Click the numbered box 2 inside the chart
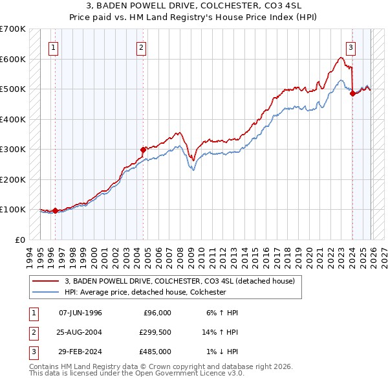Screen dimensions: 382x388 (142, 47)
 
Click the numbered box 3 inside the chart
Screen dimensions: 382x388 (350, 47)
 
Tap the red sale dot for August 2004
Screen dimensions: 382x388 (143, 150)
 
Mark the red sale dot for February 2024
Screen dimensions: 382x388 (352, 94)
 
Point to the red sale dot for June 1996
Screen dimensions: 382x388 (56, 210)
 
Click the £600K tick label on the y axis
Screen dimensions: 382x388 (12, 59)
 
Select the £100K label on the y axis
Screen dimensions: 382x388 (12, 209)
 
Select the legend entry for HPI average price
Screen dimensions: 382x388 (145, 292)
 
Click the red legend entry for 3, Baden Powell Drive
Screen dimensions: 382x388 (180, 281)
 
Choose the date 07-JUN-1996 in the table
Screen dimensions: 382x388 (80, 313)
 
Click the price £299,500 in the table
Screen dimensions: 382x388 (155, 332)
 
